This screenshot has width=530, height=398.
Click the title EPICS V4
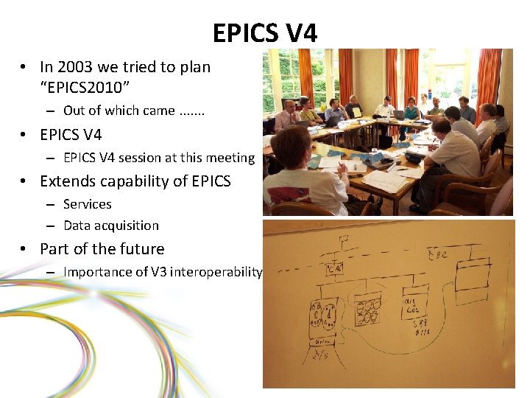pos(265,33)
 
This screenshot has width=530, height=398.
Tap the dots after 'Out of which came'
pos(191,111)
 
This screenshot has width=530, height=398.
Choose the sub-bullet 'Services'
pos(88,204)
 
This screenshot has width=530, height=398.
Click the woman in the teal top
pos(411,111)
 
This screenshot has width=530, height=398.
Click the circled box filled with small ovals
pos(367,310)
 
